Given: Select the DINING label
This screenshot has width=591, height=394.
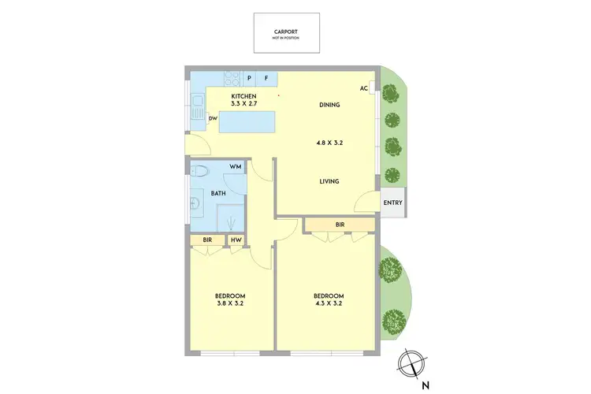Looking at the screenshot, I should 329,105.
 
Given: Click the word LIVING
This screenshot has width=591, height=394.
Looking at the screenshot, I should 329,181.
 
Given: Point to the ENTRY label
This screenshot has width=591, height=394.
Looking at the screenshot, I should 392,203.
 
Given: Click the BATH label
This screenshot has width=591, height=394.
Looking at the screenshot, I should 217,193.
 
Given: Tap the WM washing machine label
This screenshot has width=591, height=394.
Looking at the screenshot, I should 235,167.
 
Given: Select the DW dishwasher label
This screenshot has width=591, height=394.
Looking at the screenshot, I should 213,119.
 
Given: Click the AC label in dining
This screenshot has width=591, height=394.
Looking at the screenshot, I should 364,88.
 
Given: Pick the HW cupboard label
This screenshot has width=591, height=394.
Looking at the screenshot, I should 236,239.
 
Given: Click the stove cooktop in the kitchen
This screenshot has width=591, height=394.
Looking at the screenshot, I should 232,78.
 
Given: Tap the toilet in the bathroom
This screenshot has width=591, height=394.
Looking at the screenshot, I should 202,171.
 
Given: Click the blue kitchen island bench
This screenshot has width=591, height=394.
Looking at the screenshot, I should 248,123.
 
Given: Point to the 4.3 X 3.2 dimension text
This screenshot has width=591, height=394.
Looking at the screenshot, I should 328,303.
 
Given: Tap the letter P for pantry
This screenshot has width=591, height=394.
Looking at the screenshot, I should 250,78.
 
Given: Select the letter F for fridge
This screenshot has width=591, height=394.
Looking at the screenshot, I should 266,78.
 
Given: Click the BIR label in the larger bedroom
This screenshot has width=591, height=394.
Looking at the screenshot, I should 340,225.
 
